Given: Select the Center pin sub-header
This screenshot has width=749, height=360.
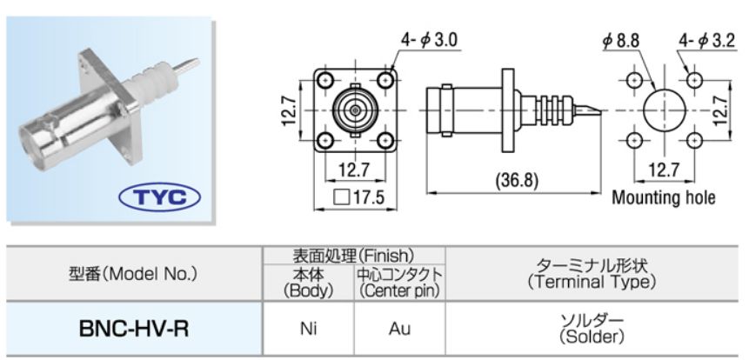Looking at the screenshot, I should click(400, 283).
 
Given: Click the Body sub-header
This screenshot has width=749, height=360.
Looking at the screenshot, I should click(308, 283).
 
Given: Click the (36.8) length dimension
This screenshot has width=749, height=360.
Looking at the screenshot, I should click(512, 182).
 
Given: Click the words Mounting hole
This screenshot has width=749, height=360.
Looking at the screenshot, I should click(664, 197).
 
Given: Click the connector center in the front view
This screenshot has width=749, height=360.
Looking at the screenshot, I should click(357, 110).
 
